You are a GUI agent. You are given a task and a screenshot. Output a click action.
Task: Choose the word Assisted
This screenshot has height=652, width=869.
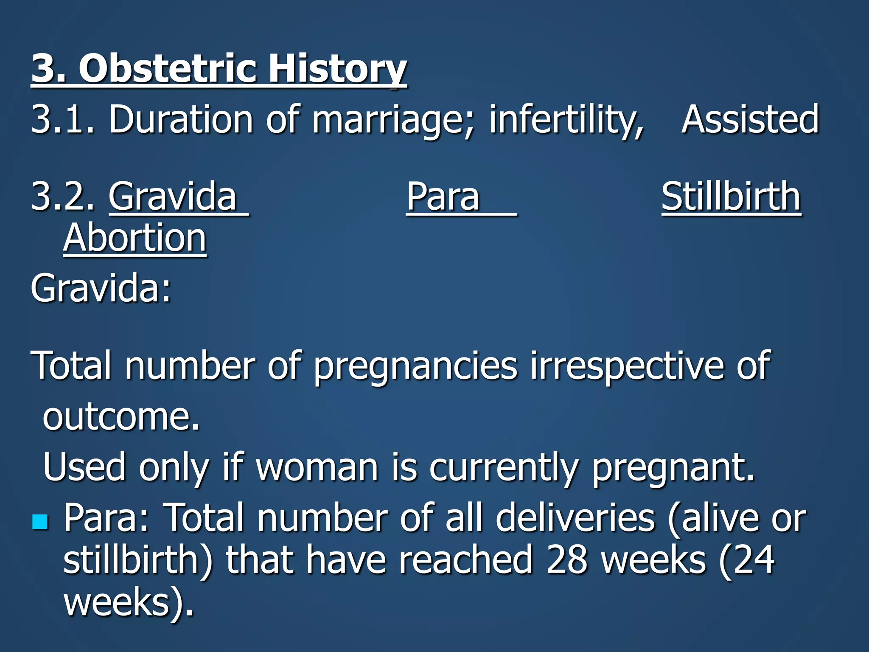750,119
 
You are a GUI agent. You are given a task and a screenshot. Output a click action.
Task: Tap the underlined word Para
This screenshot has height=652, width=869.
443,196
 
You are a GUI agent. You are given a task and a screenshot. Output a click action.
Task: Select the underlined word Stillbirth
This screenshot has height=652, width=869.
731,196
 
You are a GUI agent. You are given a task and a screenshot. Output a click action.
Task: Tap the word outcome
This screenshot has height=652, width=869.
121,417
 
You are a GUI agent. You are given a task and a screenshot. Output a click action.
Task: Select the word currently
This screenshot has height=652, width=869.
503,468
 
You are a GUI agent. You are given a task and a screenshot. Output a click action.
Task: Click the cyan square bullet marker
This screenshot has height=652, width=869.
40,521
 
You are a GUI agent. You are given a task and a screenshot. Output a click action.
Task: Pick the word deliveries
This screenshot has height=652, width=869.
575,518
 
